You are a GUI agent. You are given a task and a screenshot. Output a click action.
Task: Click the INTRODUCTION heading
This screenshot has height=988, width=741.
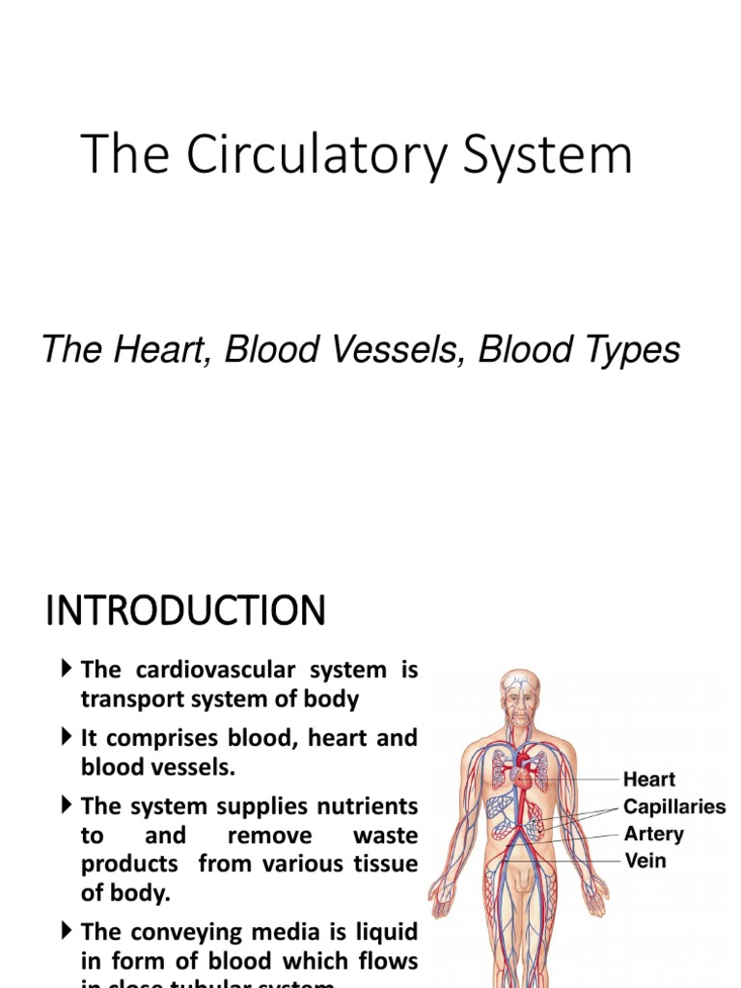click(x=185, y=612)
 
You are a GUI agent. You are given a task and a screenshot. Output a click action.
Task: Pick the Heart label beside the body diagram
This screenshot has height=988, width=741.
click(x=648, y=780)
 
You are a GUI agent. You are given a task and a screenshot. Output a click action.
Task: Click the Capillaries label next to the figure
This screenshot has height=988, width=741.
click(x=673, y=807)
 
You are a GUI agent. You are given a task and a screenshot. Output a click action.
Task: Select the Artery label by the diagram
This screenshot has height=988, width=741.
click(x=653, y=834)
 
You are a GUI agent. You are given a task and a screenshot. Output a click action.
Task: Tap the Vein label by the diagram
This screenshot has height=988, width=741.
click(x=645, y=860)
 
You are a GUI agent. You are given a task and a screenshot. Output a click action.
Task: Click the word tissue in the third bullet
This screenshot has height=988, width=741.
click(x=383, y=864)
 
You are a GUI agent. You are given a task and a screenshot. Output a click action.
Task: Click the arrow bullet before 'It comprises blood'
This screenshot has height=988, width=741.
click(x=67, y=738)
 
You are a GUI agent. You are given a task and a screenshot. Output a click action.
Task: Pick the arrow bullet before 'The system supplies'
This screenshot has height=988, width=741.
click(x=67, y=806)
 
